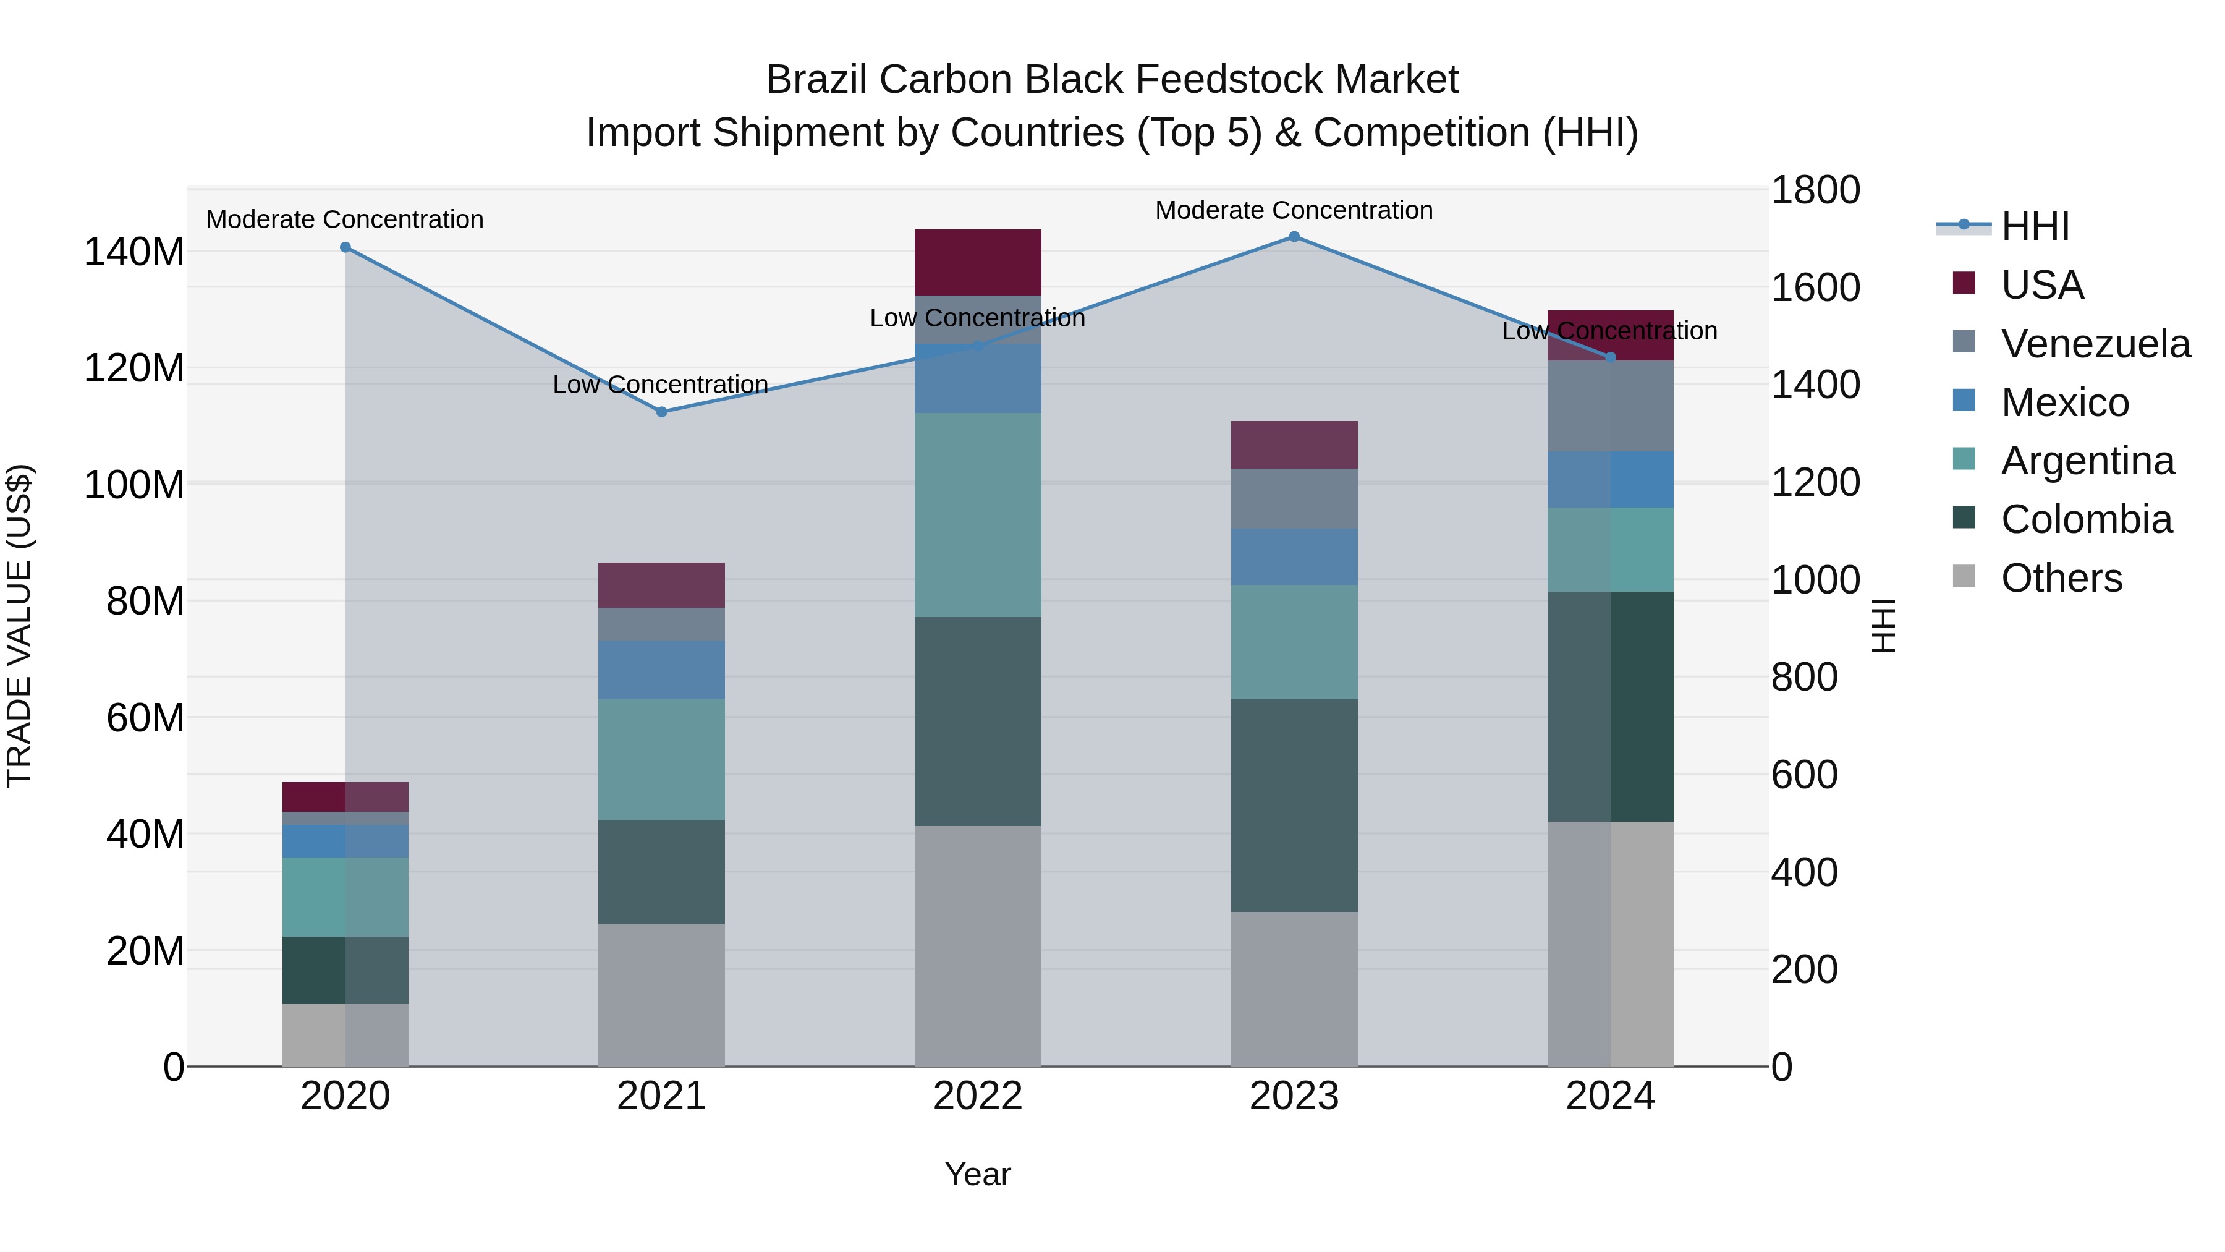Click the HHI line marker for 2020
pos(345,247)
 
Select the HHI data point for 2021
pos(661,412)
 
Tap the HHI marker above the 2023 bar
pos(1294,237)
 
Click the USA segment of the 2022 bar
pos(978,263)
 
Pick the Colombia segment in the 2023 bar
pos(1294,805)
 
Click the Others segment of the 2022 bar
pos(978,945)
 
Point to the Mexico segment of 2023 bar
pos(1294,557)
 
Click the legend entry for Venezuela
pos(2095,344)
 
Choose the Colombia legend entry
pos(2086,519)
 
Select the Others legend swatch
pos(1964,576)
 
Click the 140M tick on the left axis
pos(134,252)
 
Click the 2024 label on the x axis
pos(1610,1096)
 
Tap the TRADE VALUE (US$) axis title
pos(19,626)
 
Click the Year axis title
pos(978,1174)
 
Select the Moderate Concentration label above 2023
pos(1294,210)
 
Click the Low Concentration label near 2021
pos(661,385)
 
